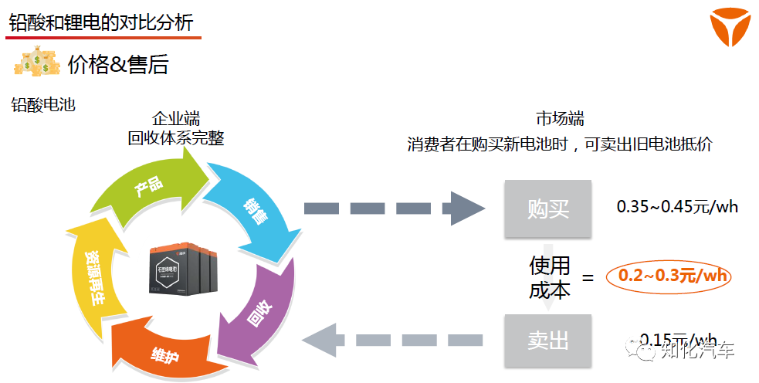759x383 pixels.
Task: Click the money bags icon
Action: point(36,63)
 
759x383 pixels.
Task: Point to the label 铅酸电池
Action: point(43,105)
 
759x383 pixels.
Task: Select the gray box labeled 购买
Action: point(548,208)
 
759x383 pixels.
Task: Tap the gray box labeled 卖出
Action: point(548,341)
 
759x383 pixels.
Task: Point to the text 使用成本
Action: point(549,277)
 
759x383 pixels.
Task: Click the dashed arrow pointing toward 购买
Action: point(394,208)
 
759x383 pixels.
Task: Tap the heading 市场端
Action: point(560,119)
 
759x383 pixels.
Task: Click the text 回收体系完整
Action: point(176,138)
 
